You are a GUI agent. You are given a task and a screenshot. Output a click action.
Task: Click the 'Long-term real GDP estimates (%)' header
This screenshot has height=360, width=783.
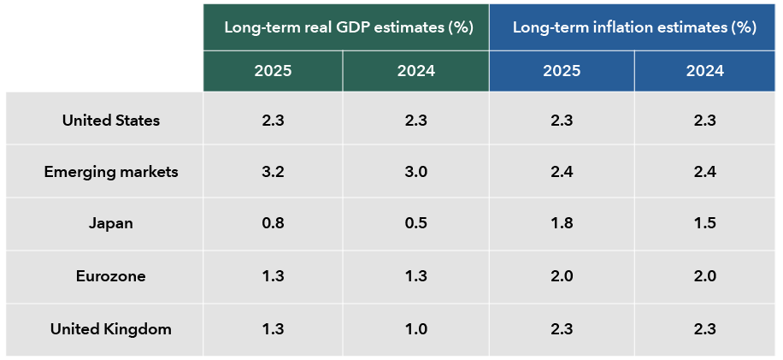click(349, 28)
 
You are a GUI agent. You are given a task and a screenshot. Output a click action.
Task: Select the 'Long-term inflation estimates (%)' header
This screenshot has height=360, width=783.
click(634, 28)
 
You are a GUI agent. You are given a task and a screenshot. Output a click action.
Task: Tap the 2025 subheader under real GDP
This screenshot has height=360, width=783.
click(274, 71)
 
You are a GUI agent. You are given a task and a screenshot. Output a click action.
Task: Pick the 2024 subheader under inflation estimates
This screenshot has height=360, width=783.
click(705, 71)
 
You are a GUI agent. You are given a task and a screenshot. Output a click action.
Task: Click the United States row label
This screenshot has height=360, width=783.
click(111, 121)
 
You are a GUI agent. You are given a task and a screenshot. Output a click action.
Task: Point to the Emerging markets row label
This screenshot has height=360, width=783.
click(111, 172)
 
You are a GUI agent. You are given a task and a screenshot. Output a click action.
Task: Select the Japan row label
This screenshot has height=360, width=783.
click(111, 222)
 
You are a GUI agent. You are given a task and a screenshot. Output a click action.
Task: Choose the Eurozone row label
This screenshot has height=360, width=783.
click(111, 276)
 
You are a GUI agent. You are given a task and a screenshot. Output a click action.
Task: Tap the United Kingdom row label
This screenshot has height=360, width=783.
click(111, 329)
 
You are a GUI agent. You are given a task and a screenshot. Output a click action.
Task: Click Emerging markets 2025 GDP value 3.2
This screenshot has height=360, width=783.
click(274, 172)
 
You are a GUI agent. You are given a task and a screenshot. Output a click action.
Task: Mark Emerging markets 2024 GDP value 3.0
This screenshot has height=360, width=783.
click(416, 172)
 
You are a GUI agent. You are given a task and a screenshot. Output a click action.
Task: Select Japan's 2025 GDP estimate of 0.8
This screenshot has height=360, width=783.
click(274, 222)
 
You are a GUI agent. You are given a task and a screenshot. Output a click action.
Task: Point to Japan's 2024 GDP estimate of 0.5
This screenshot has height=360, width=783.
click(416, 222)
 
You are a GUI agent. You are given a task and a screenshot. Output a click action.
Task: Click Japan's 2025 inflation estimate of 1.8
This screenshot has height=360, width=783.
click(562, 222)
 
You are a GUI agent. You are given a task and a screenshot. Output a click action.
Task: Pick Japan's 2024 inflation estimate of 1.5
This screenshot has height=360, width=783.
click(705, 222)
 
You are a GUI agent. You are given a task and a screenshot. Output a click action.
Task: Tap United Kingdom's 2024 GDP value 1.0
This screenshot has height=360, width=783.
click(416, 329)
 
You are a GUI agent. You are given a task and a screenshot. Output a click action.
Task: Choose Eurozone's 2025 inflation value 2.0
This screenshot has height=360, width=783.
click(562, 276)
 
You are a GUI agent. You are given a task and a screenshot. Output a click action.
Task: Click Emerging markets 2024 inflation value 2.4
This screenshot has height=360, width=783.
click(705, 172)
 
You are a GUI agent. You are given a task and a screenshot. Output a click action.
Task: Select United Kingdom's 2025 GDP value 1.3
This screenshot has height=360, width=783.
click(274, 329)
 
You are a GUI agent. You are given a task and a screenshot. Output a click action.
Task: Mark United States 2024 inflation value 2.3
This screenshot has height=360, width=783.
click(705, 121)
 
